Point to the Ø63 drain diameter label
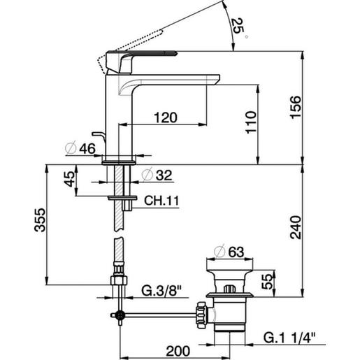click(225, 250)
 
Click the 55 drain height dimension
click(267, 282)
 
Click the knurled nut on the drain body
click(202, 312)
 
